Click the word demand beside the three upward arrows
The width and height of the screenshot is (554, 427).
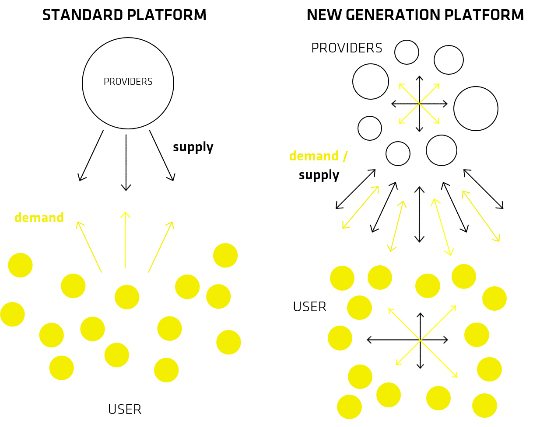coord(39,217)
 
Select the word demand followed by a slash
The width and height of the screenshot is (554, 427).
coord(314,156)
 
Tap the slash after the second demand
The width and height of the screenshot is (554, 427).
coord(345,156)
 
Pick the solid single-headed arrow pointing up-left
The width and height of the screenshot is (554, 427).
coord(89,247)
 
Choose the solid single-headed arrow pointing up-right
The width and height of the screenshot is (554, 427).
coord(161,247)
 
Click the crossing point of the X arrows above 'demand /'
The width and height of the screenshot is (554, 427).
coord(419,104)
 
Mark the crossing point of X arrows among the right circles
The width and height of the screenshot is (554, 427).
coord(421,340)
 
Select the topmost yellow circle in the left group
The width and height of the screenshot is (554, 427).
coord(225,255)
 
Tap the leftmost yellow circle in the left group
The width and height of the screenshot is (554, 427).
coord(12,314)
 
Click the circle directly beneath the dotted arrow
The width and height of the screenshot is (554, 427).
coord(127,297)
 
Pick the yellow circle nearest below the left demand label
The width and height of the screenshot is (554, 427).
coord(20,265)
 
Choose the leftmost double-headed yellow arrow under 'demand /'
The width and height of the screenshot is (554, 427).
coord(361,207)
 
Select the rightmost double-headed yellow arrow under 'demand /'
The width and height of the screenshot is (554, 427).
coord(481,216)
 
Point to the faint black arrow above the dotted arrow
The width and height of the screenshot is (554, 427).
coord(126,163)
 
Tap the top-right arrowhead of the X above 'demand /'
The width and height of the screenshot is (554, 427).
coord(437,86)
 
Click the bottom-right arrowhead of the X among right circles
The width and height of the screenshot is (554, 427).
coord(456,375)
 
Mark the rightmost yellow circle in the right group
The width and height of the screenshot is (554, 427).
coord(494,299)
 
